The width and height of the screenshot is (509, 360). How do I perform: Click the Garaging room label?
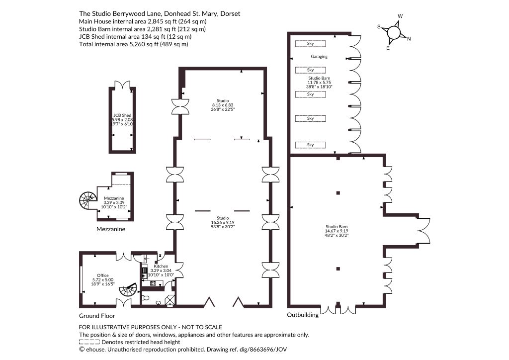319,57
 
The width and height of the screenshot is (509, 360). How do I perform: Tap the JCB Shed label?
122,115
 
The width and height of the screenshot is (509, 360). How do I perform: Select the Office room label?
103,275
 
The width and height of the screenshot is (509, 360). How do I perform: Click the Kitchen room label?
161,266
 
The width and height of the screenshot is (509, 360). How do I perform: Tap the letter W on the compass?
400,16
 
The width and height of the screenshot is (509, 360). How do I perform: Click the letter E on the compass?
388,48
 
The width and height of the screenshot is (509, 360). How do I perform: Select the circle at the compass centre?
394,32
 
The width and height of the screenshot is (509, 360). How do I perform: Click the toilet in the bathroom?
146,298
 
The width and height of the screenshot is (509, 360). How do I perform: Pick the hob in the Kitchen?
153,283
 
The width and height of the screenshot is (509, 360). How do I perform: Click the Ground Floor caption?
97,316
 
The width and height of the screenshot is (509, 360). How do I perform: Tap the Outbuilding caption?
303,315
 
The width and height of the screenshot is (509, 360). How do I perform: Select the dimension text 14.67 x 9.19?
337,231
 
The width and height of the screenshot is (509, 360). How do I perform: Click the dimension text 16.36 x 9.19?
223,223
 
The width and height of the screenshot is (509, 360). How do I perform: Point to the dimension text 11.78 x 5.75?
319,83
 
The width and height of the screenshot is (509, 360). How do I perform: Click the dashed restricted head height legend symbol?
89,342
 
